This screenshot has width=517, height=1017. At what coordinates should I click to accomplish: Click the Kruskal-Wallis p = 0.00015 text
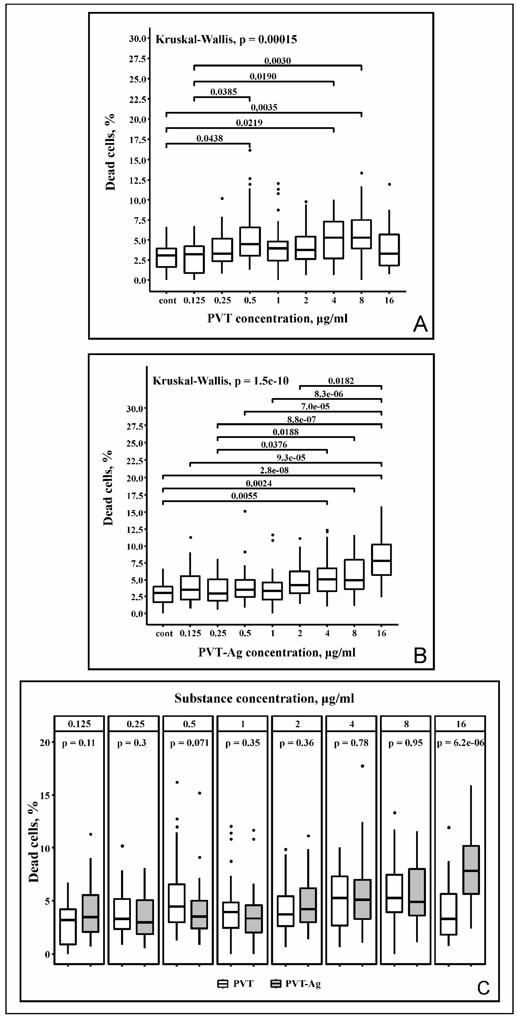226,40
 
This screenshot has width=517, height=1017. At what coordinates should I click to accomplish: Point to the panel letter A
420,325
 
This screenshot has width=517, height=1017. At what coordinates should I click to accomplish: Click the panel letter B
420,655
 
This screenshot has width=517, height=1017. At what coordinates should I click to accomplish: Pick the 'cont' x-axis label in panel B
164,634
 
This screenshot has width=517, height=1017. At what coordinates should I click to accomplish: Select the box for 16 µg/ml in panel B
381,560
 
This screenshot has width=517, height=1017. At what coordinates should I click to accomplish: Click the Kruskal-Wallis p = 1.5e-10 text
221,381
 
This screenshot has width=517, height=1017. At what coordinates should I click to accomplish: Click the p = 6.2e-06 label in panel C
461,743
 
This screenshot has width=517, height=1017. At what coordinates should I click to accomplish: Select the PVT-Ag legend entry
296,984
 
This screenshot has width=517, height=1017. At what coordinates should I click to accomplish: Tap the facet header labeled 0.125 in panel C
79,724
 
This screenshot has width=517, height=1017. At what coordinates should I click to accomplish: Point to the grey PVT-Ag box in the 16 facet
471,870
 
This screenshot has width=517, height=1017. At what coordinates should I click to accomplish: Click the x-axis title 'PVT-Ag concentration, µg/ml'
277,653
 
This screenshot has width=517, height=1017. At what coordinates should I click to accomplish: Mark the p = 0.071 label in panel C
189,743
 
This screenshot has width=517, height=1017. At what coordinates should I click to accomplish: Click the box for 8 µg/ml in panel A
361,234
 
